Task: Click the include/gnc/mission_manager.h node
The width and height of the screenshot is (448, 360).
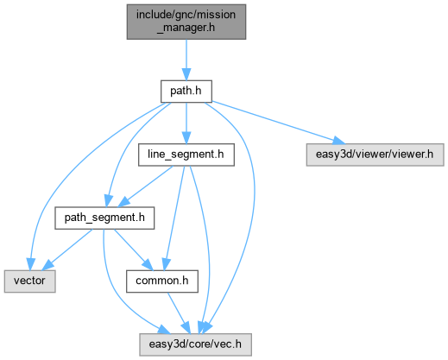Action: [186, 22]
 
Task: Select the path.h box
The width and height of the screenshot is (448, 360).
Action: [186, 92]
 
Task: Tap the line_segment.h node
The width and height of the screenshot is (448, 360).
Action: [186, 155]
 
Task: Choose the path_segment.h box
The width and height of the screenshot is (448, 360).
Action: [104, 218]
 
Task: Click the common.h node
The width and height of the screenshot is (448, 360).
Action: [162, 281]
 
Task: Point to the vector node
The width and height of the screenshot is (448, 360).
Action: [29, 281]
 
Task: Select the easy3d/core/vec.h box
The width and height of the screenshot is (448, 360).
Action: [195, 344]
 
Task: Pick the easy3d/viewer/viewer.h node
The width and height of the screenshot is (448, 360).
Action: [375, 155]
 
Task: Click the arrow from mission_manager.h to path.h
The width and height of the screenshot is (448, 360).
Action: [186, 60]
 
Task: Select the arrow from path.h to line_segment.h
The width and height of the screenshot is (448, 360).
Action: [186, 123]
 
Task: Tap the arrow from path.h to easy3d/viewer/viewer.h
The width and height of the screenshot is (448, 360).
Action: [279, 123]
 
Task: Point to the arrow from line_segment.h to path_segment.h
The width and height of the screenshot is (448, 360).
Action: [146, 186]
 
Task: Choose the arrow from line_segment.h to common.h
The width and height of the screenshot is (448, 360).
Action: [174, 218]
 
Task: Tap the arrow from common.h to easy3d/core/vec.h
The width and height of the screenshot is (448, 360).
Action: [179, 313]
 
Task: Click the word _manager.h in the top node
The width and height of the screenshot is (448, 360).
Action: [186, 28]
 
